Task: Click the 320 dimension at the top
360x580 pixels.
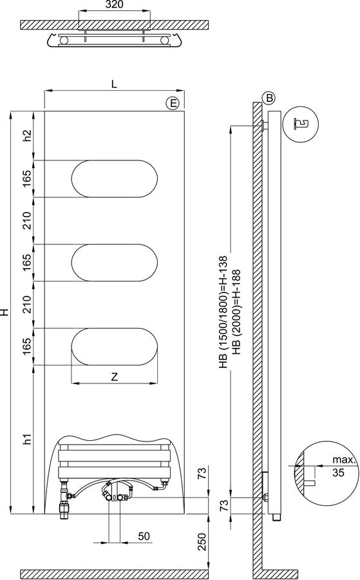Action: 114,5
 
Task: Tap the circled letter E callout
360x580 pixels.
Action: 172,103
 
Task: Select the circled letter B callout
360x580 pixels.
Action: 269,98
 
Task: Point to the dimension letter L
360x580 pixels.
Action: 114,84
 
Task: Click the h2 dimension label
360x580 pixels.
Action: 27,136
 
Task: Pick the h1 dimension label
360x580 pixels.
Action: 27,440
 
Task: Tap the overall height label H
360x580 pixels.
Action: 5,312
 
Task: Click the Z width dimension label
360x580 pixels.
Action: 114,376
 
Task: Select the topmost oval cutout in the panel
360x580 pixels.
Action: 114,179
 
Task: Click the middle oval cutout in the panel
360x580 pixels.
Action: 114,263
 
